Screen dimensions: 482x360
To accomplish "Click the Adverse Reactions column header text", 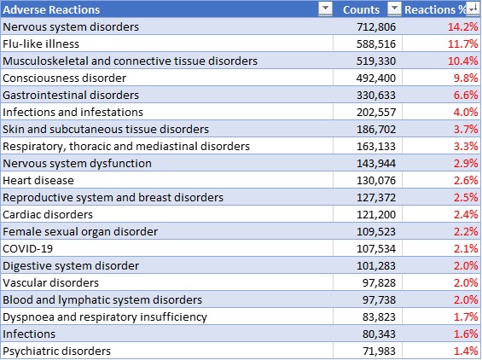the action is coord(51,10).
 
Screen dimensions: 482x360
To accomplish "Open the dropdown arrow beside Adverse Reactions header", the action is coord(325,9).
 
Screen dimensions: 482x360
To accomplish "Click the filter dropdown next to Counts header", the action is coord(394,9).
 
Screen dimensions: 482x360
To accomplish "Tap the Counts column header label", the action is coord(361,10).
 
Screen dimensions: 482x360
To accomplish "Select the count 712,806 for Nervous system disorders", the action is coord(376,27).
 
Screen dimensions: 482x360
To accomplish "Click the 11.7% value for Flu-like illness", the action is coord(463,44).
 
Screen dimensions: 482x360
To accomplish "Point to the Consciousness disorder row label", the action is coord(65,78).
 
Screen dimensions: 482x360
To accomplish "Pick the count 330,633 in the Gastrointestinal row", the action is coord(376,96).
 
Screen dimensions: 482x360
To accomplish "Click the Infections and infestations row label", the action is coord(73,113).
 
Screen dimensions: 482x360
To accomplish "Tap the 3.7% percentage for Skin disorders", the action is coord(466,130).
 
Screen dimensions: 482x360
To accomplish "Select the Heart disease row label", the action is coord(38,181).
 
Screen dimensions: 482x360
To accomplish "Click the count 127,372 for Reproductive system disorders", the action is coord(376,198).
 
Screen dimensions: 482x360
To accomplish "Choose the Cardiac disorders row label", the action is coord(48,215).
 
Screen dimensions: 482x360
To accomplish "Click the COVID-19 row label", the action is coord(27,249).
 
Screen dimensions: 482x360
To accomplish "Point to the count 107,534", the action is coord(376,249).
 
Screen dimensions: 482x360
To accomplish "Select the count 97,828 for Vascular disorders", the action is coord(379,283).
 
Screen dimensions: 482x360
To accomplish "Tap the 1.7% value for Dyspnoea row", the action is coord(466,317).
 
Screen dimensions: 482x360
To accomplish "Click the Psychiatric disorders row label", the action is coord(56,351).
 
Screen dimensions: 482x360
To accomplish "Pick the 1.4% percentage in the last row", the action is coord(466,351).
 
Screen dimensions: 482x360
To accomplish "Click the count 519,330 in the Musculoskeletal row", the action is coord(376,61).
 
